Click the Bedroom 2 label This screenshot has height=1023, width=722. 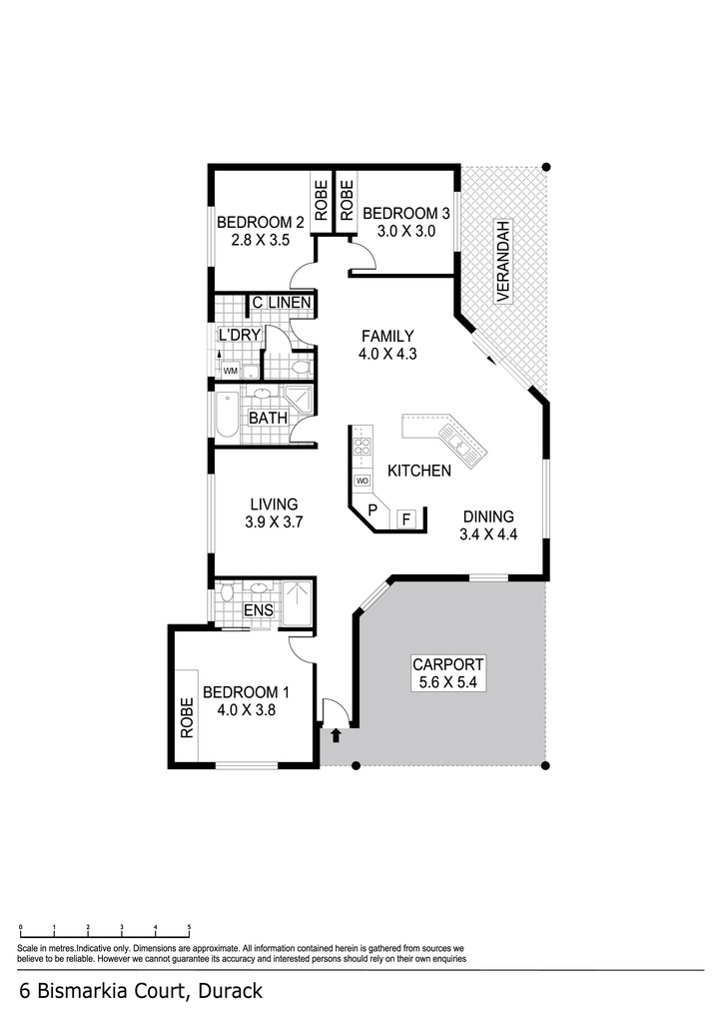[261, 222]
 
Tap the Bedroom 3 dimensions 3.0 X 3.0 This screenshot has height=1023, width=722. [406, 231]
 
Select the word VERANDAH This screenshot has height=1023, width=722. [502, 261]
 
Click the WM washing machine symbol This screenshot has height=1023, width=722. [231, 371]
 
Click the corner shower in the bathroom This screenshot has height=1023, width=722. [298, 399]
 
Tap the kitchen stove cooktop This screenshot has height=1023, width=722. [361, 447]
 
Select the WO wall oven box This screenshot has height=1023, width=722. [361, 481]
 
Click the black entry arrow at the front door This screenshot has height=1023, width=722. [336, 735]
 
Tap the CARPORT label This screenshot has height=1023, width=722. [448, 664]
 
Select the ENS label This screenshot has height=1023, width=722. [259, 610]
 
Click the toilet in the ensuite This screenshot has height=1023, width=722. [227, 592]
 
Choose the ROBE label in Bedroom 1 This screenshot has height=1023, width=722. [187, 717]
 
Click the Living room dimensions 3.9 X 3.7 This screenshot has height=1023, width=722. [274, 521]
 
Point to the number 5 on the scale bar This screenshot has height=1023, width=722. [189, 926]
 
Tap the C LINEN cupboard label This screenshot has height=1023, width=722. [281, 303]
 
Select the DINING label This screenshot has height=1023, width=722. [488, 516]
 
